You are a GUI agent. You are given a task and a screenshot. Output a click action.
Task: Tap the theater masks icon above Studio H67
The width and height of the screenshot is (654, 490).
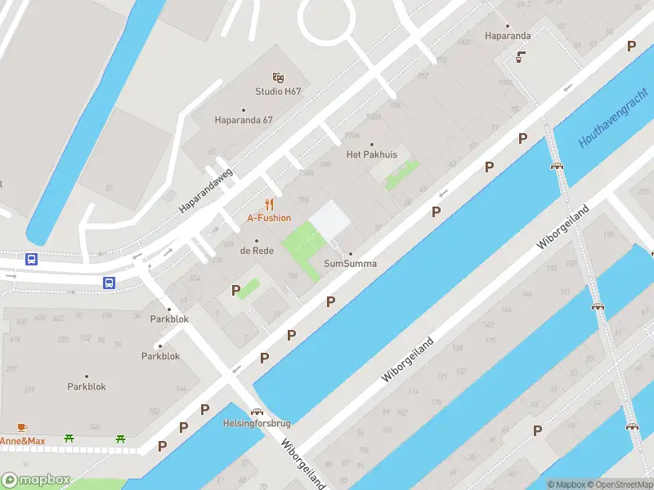coord(279,77)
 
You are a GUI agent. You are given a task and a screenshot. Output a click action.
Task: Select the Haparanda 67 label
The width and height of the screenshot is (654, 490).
coord(244,120)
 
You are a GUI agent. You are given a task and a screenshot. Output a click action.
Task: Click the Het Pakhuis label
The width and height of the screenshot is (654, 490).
coord(372,154)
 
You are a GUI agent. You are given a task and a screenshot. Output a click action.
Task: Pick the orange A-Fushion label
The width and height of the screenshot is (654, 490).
coord(269,218)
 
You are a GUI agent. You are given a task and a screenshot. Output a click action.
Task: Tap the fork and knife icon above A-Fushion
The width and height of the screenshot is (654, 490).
coord(269,204)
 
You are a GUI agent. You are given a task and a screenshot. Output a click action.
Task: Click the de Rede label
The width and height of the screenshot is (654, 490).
coord(257,251)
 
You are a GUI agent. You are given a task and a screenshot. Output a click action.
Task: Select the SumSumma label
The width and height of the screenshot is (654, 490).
coord(350,264)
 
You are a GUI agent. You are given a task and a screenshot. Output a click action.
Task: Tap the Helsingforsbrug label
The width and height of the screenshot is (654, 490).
coord(257,424)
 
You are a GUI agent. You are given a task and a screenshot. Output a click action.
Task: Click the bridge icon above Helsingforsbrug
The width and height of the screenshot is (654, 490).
coord(257,412)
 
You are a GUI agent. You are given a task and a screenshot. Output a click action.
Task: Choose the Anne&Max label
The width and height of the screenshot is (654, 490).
coord(23,441)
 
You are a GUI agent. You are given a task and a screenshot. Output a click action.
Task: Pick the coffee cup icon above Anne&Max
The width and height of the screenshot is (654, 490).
coord(22,427)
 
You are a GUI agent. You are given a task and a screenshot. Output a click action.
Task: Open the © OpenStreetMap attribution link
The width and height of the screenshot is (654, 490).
coord(620,484)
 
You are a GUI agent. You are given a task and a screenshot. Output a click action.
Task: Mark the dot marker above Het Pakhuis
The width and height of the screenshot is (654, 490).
coord(372,144)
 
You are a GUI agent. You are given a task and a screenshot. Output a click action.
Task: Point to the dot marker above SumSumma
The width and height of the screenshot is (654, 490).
coord(350,253)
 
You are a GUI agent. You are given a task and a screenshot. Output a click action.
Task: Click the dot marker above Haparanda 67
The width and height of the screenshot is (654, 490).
coord(244,109)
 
